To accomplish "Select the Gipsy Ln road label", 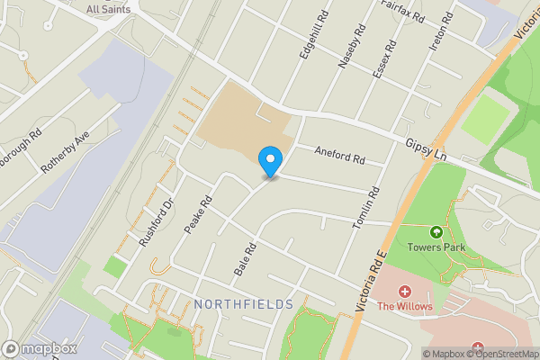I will point(427,141).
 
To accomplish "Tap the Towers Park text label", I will point(436,247).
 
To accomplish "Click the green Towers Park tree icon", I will point(436,232).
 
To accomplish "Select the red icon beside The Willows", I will point(404,292).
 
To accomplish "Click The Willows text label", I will point(405,307).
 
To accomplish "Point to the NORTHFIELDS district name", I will point(243,304).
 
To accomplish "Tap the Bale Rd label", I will point(245,258).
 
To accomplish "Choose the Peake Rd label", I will point(197,215).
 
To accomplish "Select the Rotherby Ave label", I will point(67,150).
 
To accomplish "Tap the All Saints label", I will point(108,9).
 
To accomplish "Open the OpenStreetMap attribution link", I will point(502,353).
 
